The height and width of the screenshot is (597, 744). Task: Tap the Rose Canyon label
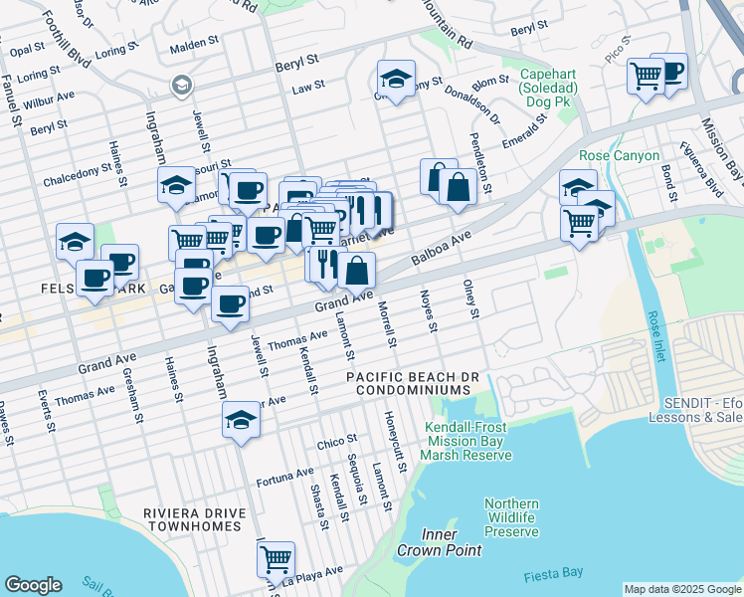point(619,156)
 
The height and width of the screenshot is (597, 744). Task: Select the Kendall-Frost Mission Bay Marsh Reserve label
point(465,441)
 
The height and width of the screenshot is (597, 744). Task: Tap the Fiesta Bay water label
point(553,576)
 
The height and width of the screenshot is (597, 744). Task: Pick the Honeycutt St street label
point(390,434)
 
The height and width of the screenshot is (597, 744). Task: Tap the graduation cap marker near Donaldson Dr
point(396,79)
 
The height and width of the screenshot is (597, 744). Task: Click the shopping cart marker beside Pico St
point(646,74)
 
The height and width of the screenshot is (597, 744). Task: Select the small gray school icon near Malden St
point(181,86)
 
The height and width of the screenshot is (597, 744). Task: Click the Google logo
point(33,585)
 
